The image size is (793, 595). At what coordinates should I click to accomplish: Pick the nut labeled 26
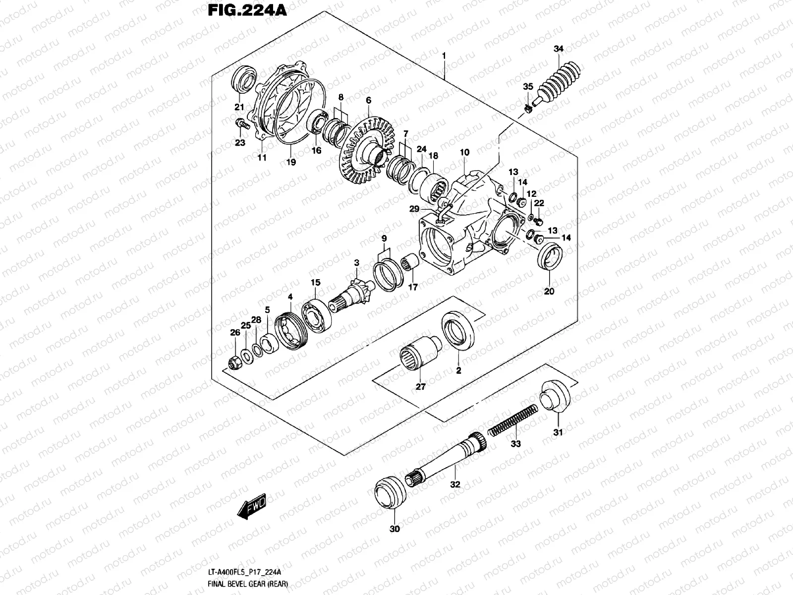click(234, 363)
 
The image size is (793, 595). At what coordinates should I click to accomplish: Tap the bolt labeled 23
click(241, 123)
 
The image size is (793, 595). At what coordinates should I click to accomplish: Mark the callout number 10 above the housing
click(464, 153)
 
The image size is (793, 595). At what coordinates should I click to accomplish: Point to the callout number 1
click(444, 56)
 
